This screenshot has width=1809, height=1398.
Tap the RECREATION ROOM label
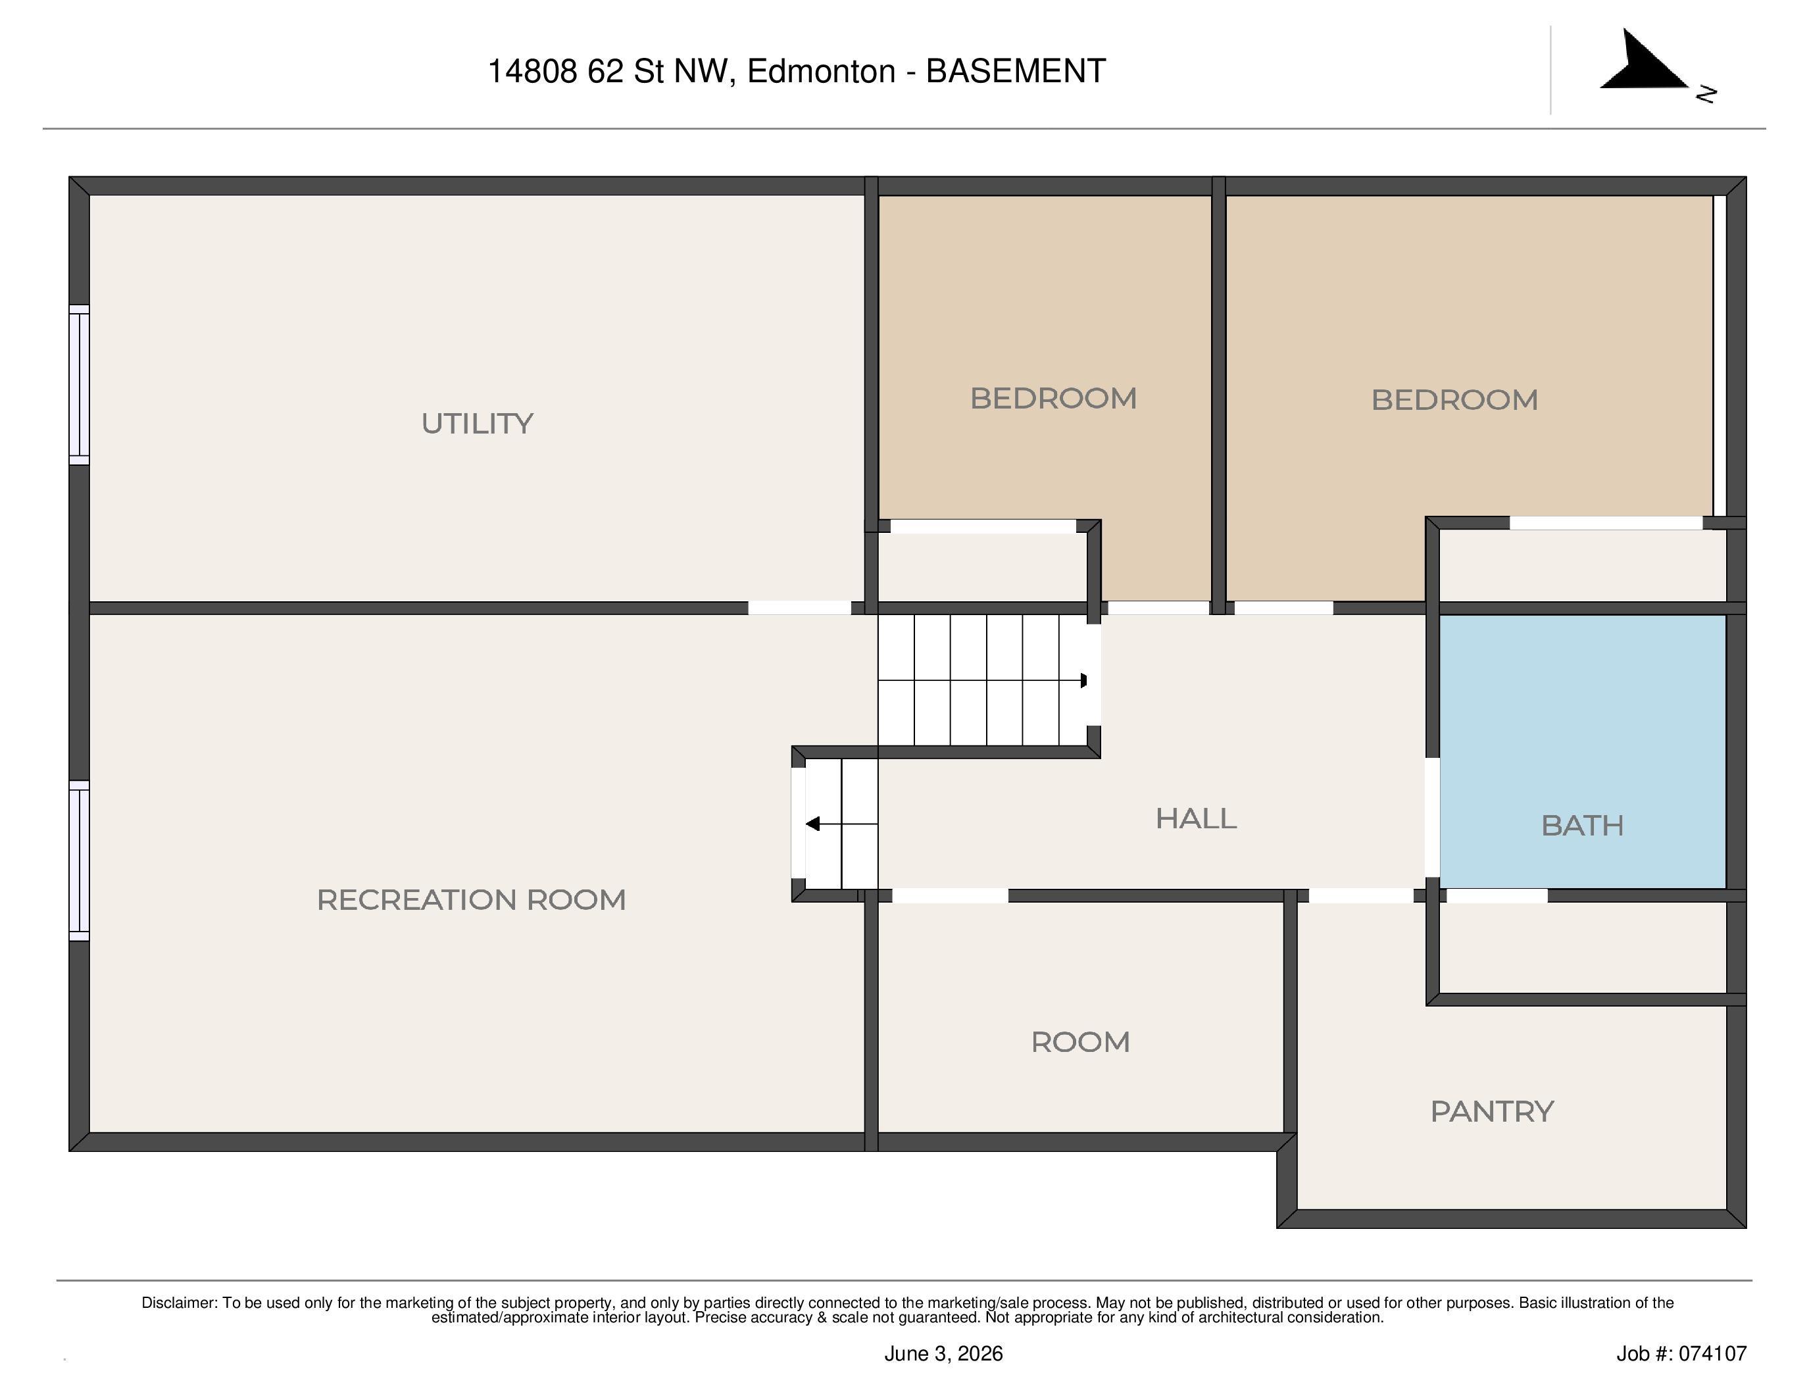[471, 899]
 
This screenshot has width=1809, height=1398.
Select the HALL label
[1196, 818]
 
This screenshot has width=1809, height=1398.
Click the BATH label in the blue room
[1582, 825]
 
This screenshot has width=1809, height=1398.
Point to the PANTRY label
[1492, 1111]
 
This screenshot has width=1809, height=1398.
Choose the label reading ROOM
[1080, 1042]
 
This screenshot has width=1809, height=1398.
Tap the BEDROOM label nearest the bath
[1454, 400]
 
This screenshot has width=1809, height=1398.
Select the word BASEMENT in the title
[1016, 71]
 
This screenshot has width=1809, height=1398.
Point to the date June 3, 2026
[943, 1353]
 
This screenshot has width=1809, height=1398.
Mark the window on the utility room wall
[79, 385]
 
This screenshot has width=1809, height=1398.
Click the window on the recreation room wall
[79, 861]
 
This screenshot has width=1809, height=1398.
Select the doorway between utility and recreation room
[799, 608]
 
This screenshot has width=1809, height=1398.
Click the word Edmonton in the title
[821, 71]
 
